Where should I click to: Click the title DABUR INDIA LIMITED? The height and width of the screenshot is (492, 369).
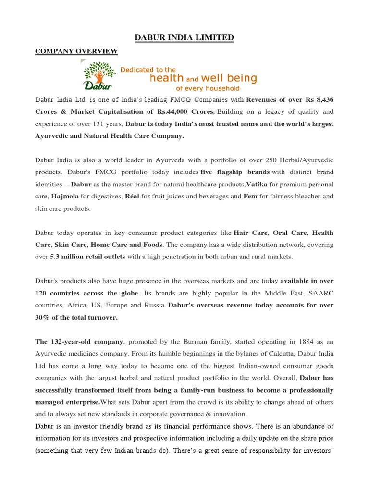tap(184, 37)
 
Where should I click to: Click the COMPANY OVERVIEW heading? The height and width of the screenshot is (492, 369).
tap(76, 51)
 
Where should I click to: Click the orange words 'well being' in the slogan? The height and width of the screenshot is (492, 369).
tap(229, 78)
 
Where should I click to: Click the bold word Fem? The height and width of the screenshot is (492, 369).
tap(250, 197)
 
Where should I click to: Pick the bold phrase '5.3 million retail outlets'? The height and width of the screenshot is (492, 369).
tap(87, 257)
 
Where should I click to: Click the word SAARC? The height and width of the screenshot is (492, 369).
tap(319, 293)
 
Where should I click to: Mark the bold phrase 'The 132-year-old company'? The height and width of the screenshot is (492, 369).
tap(79, 342)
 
